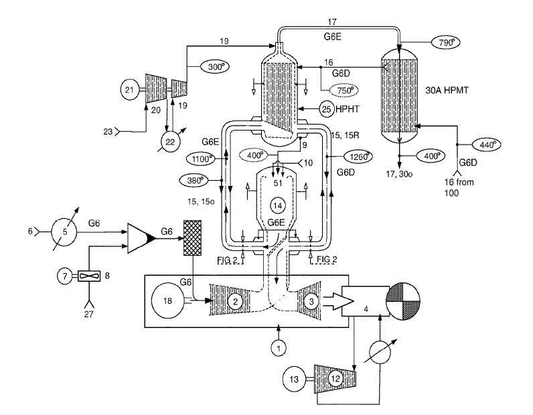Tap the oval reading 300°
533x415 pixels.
pos(214,67)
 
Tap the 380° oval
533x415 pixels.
pos(194,181)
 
